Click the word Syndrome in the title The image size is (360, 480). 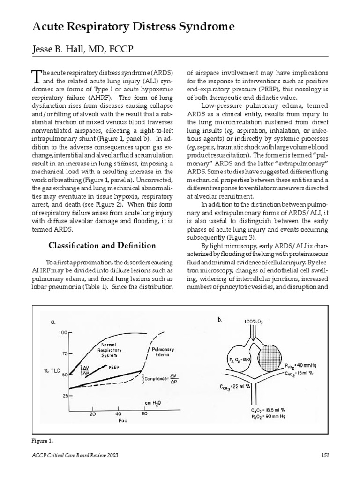coord(204,28)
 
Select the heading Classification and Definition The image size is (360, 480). coord(103,245)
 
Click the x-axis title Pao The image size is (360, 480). coord(118,420)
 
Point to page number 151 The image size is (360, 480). coord(326,455)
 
